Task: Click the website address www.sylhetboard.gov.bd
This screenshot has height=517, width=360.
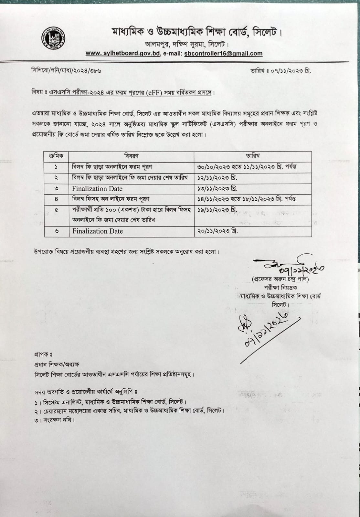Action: [x=123, y=54]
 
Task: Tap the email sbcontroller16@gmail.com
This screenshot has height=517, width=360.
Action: [x=223, y=54]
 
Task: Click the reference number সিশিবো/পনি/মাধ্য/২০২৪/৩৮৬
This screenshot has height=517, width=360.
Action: [x=66, y=70]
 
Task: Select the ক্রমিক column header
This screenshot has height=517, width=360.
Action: [x=56, y=156]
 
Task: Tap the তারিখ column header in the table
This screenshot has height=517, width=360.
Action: [x=252, y=156]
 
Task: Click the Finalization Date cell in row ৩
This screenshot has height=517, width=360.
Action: [x=97, y=189]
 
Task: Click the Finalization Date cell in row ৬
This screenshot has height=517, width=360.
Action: [x=98, y=231]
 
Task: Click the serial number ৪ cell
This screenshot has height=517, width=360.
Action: [x=56, y=199]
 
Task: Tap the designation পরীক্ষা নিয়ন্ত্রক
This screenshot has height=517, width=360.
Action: [x=280, y=287]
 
